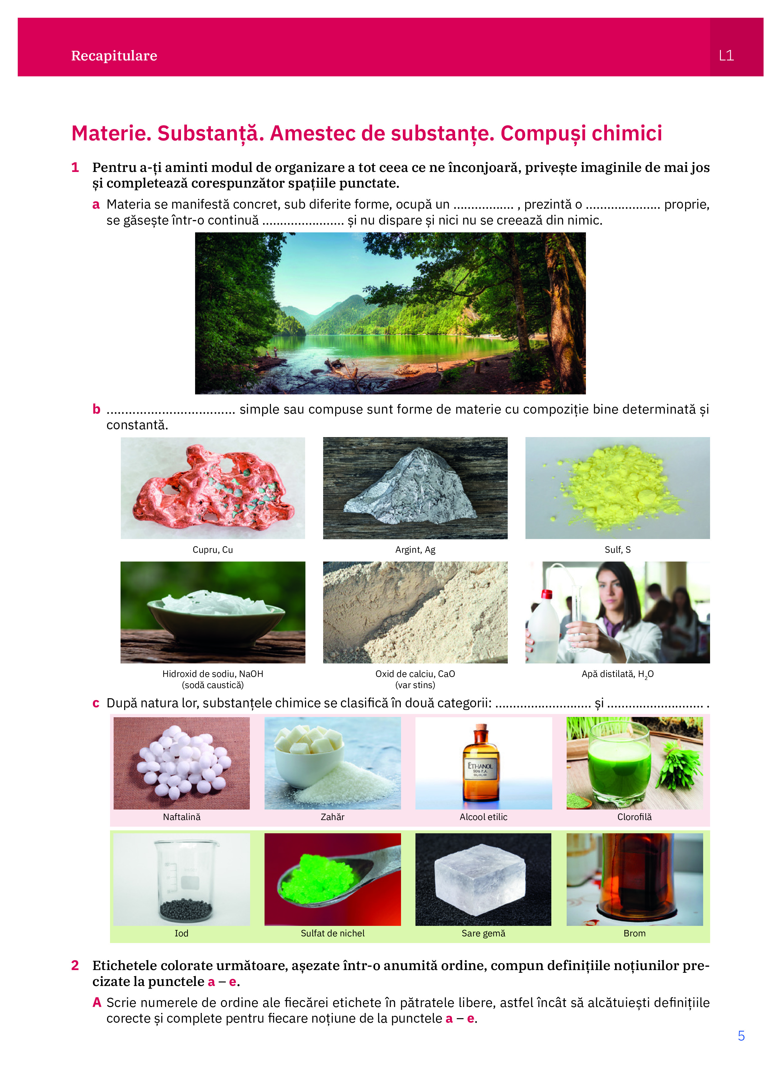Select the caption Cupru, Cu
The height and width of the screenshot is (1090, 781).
pos(213,550)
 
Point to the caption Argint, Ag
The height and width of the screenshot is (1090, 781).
pos(415,550)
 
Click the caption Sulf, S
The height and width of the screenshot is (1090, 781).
pos(617,550)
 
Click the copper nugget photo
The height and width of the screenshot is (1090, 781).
pos(213,488)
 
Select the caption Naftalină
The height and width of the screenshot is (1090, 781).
pos(182,817)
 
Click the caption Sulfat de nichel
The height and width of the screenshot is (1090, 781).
pos(332,933)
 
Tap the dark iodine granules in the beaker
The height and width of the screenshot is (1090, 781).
pos(185,909)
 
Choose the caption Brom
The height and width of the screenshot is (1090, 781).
pos(634,933)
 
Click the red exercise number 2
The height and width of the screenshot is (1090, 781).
pos(75,966)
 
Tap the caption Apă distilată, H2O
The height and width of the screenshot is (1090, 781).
pos(617,674)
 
